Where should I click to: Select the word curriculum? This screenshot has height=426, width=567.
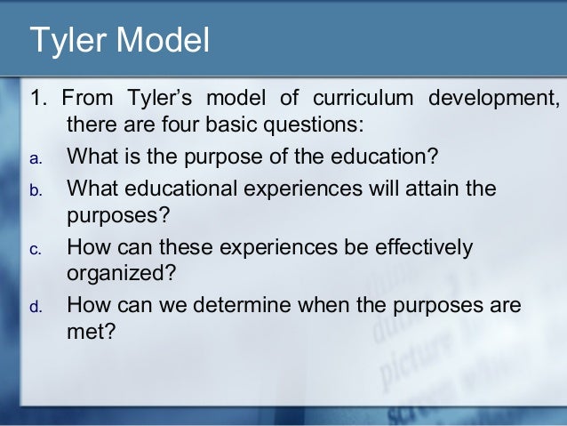pos(363,96)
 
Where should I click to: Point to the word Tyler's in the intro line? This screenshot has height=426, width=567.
pos(160,96)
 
